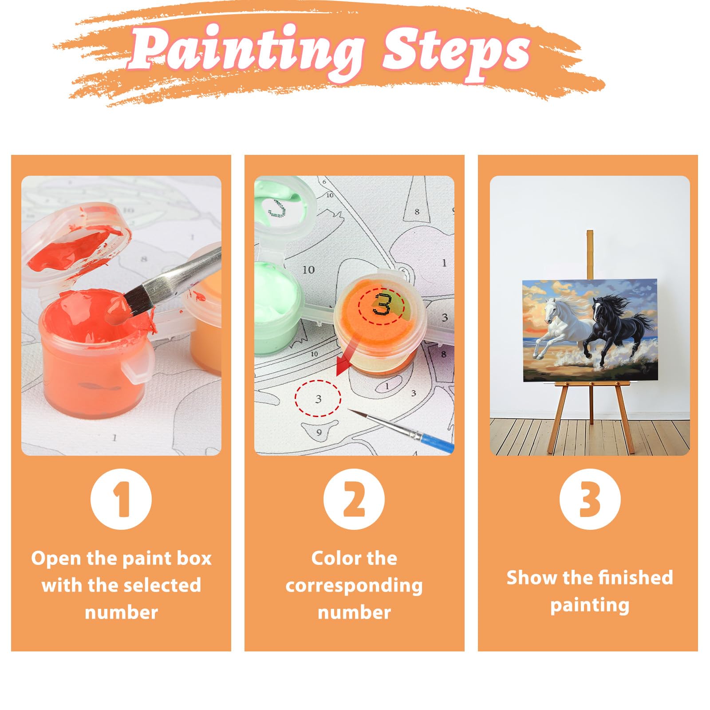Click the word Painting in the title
[246, 51]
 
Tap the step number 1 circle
[121, 499]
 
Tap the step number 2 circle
[354, 499]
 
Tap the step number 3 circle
[590, 499]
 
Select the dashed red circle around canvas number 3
[318, 398]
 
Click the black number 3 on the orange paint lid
[382, 305]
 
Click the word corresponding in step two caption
[354, 586]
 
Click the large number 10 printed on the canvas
[308, 269]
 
